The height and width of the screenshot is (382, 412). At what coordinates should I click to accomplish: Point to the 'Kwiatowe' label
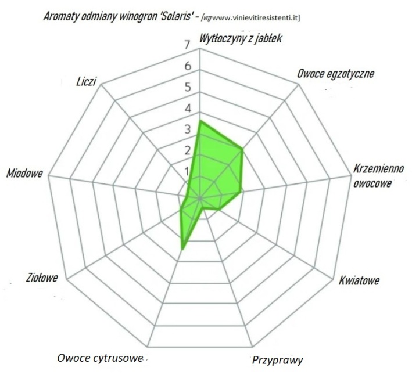[x=359, y=282]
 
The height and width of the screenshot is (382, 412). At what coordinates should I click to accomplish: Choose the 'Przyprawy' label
[x=277, y=360]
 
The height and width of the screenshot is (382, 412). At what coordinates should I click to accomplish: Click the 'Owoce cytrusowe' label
[x=100, y=357]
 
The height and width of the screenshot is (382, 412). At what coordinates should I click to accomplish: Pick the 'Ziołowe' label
[x=42, y=278]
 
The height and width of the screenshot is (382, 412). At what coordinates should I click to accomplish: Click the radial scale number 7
[x=187, y=45]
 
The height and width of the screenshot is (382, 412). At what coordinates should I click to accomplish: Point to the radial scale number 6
[x=187, y=66]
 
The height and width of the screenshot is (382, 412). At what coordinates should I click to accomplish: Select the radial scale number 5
[x=187, y=87]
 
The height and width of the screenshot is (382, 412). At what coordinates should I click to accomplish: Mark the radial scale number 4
[x=187, y=109]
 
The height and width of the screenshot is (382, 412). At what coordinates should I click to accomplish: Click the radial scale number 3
[x=187, y=129]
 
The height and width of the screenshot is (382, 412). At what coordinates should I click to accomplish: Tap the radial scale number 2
[x=187, y=150]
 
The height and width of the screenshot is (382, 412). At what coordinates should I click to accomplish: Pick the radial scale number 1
[x=187, y=171]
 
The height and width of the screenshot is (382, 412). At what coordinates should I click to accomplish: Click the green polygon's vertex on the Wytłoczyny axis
[x=200, y=121]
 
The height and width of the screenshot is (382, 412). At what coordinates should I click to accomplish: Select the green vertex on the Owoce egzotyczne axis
[x=242, y=149]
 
